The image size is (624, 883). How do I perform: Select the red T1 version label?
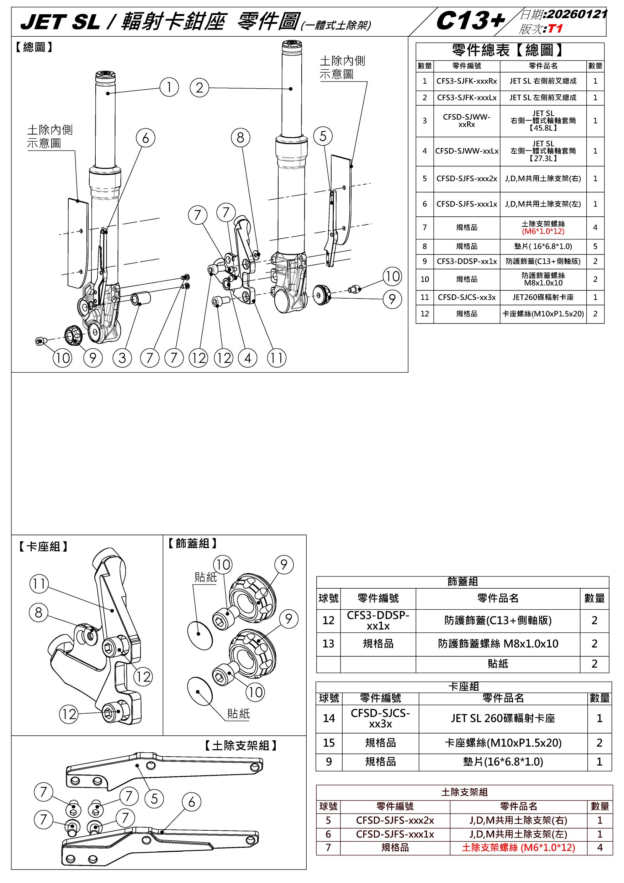[x=556, y=29]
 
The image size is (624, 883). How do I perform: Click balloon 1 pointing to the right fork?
[x=169, y=87]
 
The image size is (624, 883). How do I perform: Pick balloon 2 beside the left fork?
[x=199, y=88]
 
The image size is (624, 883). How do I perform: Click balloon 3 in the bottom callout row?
[x=122, y=358]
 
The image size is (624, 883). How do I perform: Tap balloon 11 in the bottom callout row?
[x=277, y=358]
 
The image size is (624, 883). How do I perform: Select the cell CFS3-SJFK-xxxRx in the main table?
[x=466, y=81]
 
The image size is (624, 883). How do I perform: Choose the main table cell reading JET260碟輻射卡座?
[x=543, y=297]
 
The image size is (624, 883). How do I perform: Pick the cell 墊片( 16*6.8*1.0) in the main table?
[x=543, y=247]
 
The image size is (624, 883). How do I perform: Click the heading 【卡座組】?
[x=43, y=546]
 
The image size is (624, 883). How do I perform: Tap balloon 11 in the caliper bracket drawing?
[x=39, y=584]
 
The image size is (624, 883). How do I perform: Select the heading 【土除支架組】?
[x=241, y=746]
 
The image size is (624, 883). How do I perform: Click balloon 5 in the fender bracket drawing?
[x=154, y=799]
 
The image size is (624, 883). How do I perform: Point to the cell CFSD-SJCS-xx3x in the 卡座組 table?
[x=380, y=719]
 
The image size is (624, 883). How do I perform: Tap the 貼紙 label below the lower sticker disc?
[x=238, y=714]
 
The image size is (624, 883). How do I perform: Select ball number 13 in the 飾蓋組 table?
[x=328, y=644]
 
